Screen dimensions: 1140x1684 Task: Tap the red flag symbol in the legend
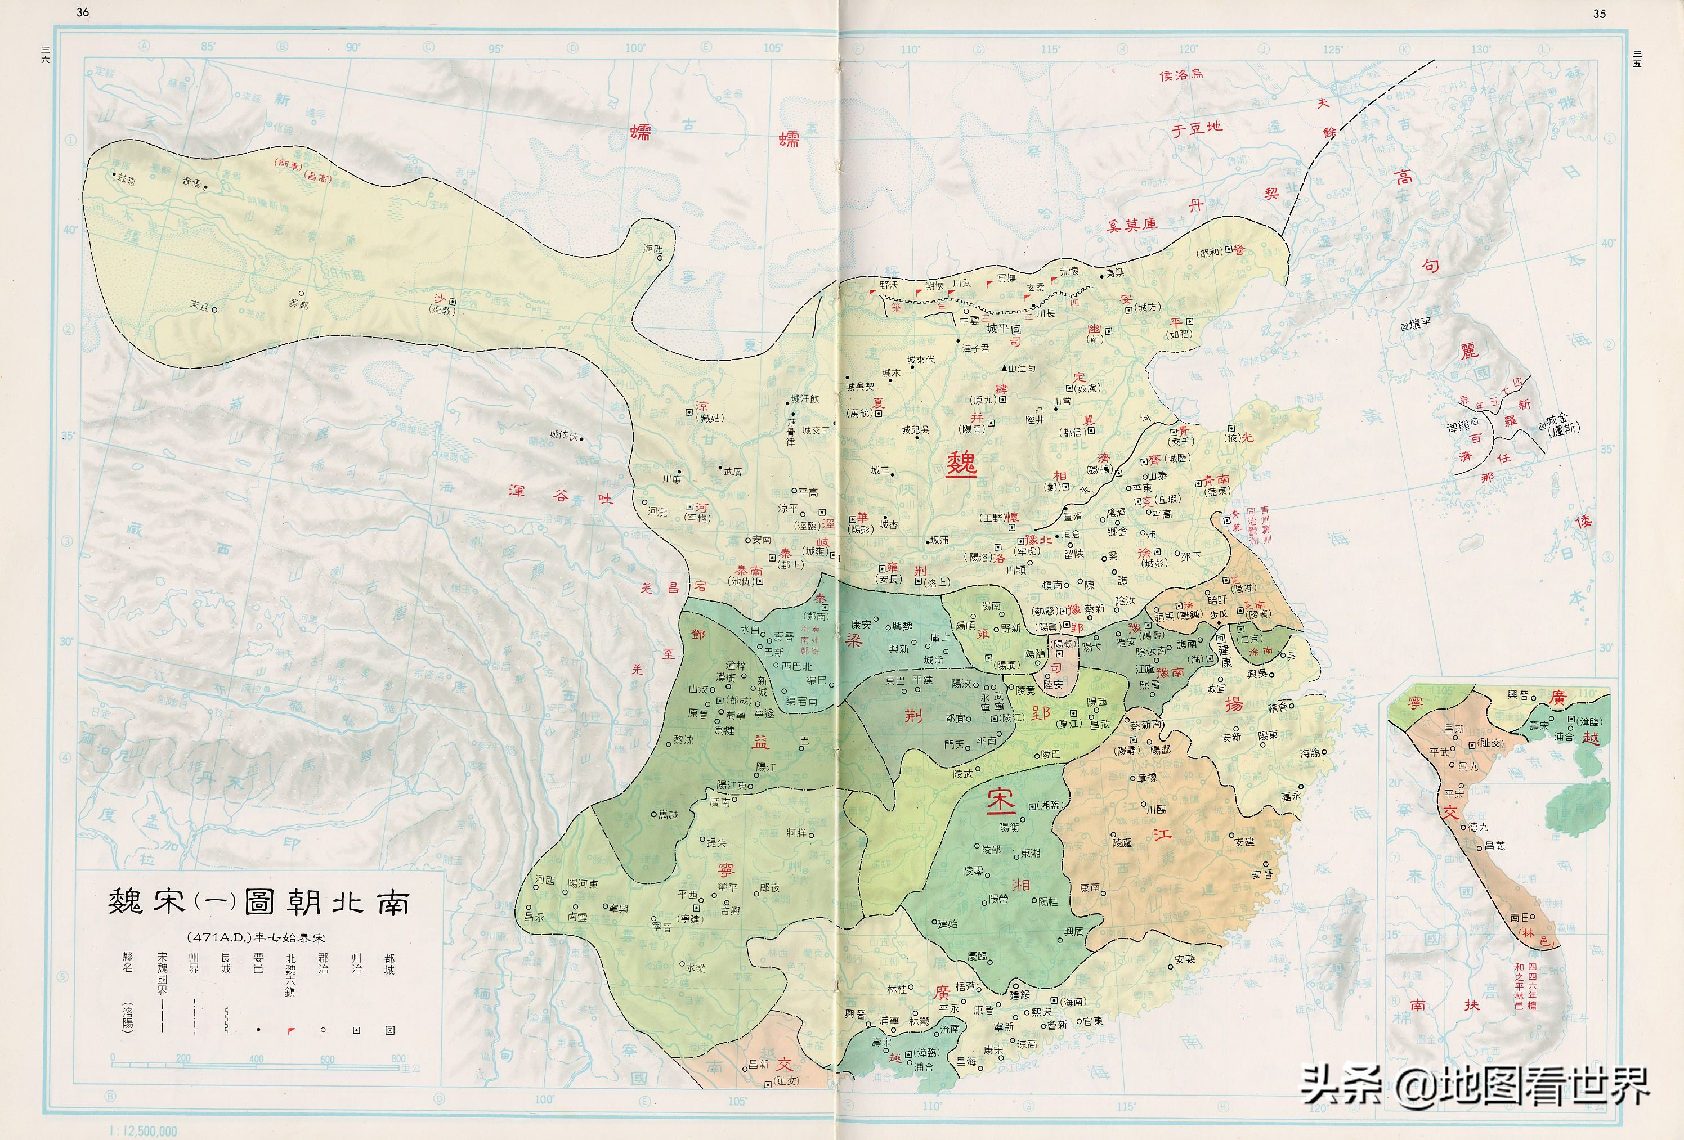(x=290, y=1031)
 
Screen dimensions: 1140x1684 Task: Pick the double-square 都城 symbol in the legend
(x=390, y=1030)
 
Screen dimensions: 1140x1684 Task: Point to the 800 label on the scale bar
(x=398, y=1058)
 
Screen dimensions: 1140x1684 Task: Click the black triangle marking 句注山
(x=1004, y=369)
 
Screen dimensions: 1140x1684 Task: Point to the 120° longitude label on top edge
(x=1188, y=50)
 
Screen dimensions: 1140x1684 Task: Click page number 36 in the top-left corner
(x=83, y=12)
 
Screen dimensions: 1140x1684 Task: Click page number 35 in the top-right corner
(x=1599, y=13)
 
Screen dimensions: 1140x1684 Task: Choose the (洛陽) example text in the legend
(x=128, y=1017)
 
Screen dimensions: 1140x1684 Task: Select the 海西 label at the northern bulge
(x=653, y=248)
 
